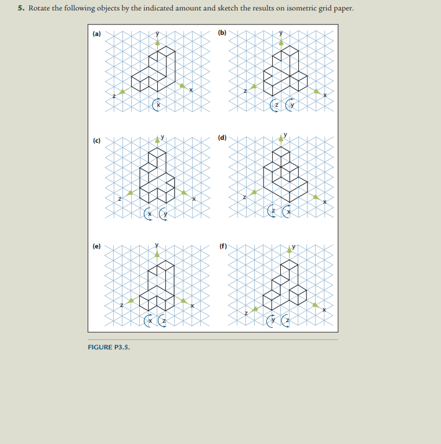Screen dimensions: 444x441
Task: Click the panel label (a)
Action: point(96,34)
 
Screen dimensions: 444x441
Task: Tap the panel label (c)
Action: point(96,140)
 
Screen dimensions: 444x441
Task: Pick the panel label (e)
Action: point(96,246)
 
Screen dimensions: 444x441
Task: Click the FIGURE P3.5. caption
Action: point(109,347)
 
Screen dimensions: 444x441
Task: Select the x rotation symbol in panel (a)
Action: point(157,104)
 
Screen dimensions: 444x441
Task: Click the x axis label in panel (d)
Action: point(325,201)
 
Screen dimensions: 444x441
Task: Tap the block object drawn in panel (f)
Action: point(285,284)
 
